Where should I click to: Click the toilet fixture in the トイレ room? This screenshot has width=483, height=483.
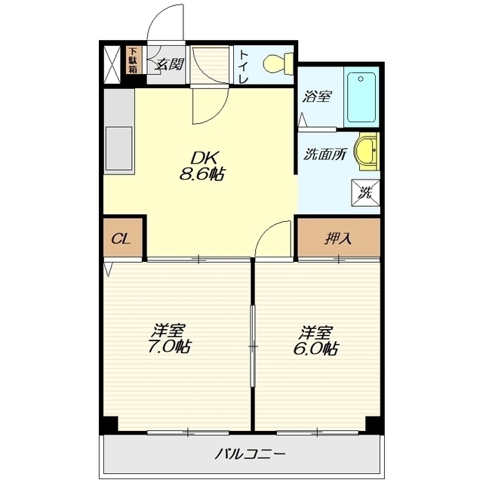point(278,63)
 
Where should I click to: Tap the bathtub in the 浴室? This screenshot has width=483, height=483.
point(361,97)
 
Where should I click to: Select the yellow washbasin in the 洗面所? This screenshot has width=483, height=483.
point(366,152)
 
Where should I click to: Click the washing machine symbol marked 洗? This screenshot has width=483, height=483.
point(365,193)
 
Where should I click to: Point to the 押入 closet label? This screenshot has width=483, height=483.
point(338,238)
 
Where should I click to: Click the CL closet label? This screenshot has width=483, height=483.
point(122,238)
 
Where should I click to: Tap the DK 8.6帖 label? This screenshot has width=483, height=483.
point(202,166)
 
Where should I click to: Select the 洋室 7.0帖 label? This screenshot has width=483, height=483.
point(168,339)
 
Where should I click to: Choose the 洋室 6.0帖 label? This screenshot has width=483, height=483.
point(316,340)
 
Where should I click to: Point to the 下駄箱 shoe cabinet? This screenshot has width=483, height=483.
point(134,60)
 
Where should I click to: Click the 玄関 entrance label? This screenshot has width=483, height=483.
point(169,64)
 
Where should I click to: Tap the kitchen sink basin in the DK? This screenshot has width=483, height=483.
point(119,149)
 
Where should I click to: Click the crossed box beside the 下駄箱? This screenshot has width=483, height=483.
point(112,65)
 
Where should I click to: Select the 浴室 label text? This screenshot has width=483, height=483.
point(316,97)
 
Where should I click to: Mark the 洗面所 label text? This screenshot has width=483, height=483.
point(325,154)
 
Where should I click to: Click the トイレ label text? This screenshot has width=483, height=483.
point(244,66)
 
